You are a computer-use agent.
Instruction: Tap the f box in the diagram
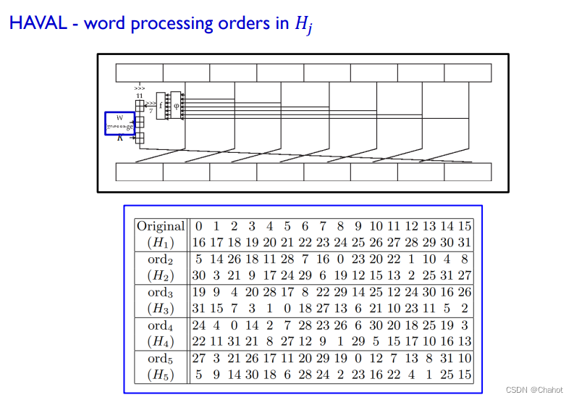[161, 106]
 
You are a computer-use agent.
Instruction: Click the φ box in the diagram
[176, 106]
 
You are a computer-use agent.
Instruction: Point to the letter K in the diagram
[120, 138]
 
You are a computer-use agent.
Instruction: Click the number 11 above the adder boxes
[140, 96]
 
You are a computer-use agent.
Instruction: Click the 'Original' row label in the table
[161, 226]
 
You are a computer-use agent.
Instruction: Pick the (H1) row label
[161, 242]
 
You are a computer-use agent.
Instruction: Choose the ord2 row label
[161, 259]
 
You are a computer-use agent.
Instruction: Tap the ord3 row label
[161, 292]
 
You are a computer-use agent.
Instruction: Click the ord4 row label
[161, 325]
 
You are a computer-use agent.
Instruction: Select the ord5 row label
[161, 359]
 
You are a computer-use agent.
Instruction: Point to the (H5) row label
[161, 375]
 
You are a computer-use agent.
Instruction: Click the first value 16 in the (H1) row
[198, 242]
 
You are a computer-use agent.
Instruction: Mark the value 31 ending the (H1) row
[465, 242]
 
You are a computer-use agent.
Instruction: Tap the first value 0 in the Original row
[198, 226]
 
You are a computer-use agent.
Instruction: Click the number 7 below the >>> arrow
[151, 110]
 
